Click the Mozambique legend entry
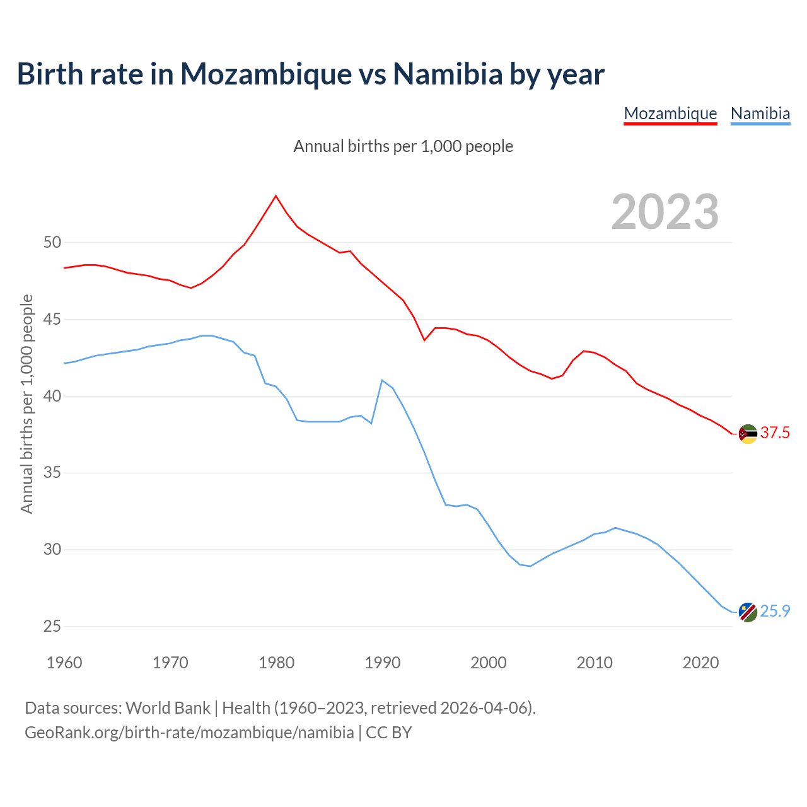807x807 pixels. (x=670, y=113)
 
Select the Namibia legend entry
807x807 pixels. (x=760, y=113)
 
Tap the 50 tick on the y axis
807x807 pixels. (x=52, y=243)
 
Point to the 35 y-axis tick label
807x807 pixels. (x=52, y=473)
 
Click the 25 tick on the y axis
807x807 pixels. (x=52, y=627)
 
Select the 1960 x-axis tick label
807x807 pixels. (x=64, y=663)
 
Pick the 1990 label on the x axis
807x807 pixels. (x=383, y=663)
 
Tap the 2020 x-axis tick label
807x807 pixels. (x=700, y=663)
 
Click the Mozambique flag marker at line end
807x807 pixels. (x=748, y=434)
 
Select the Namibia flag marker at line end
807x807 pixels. (x=748, y=612)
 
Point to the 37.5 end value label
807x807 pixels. (x=775, y=433)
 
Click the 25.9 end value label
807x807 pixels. (x=775, y=611)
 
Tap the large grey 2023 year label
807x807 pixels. (x=665, y=212)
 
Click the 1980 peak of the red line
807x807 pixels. (x=276, y=196)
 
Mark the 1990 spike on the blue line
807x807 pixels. (x=382, y=380)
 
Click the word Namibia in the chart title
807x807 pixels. (x=448, y=74)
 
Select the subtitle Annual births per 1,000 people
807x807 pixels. (x=403, y=146)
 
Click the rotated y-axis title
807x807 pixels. (x=26, y=403)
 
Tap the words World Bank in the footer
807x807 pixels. (x=168, y=707)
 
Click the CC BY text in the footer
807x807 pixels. (x=388, y=732)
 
